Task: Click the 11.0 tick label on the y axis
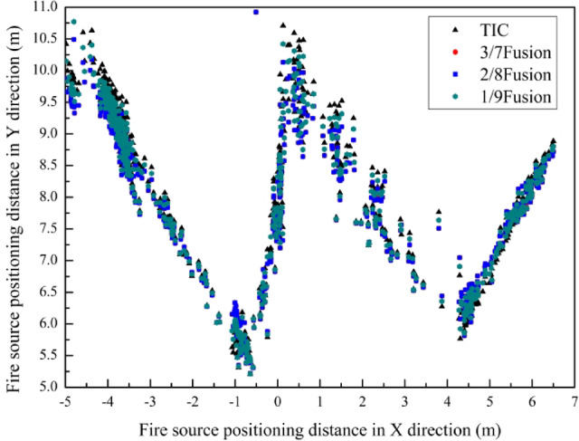click(44, 7)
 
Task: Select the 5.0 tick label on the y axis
click(47, 388)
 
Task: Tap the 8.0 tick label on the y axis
click(47, 197)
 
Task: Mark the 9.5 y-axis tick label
click(47, 102)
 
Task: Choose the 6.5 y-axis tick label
click(47, 292)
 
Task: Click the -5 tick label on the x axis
click(64, 401)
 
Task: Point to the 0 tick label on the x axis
click(278, 401)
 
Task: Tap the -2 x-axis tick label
click(192, 401)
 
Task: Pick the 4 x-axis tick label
click(448, 401)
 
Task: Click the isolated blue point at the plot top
click(256, 12)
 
